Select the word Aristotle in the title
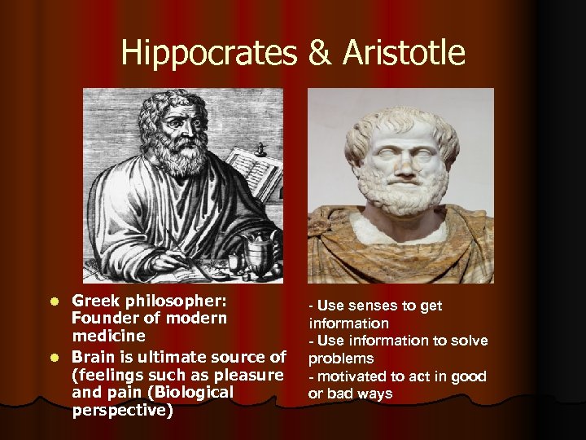point(404,54)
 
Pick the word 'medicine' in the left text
point(108,336)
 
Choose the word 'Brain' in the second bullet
point(94,357)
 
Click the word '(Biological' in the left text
point(193,393)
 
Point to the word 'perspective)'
point(123,411)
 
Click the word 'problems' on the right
point(341,359)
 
